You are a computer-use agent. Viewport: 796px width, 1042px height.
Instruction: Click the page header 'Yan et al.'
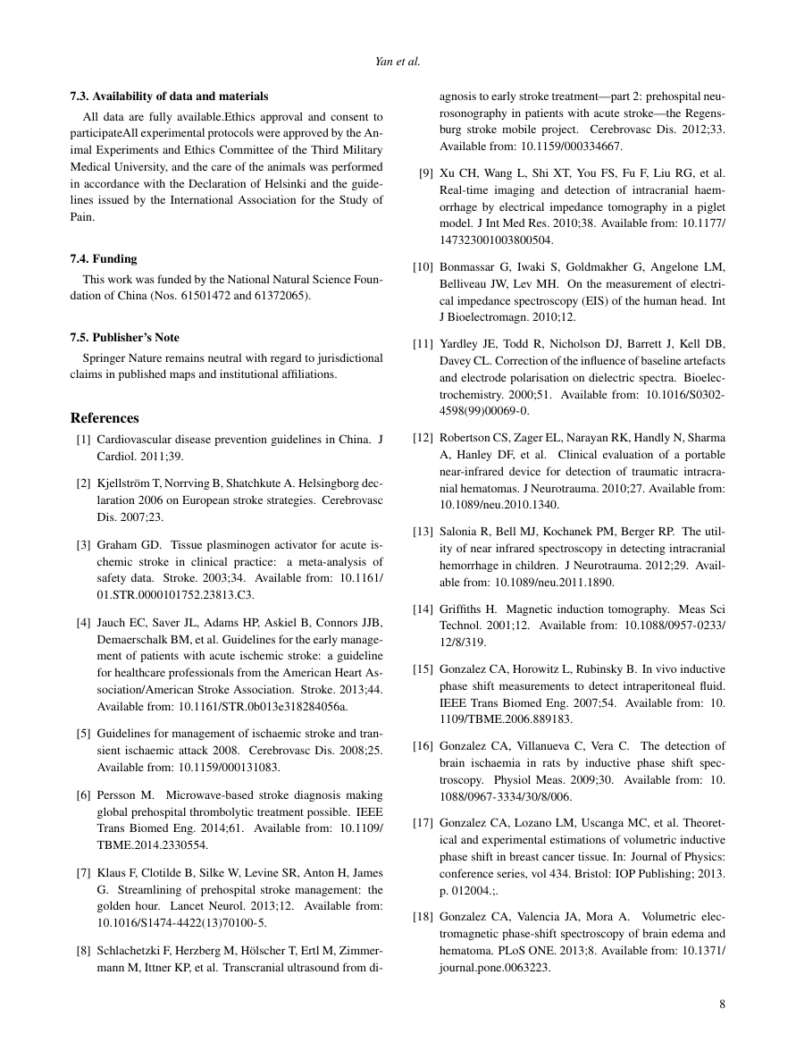click(398, 63)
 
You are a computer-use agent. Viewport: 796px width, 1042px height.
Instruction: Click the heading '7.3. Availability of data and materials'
click(169, 96)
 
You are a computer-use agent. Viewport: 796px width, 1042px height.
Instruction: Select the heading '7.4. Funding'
click(104, 258)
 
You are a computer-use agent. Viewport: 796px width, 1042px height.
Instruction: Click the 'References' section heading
click(105, 418)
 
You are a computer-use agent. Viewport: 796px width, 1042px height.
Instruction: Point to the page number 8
click(722, 1004)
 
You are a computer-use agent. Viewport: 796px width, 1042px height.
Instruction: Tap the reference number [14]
click(423, 609)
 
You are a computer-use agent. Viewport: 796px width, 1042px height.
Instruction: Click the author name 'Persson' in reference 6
click(116, 794)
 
